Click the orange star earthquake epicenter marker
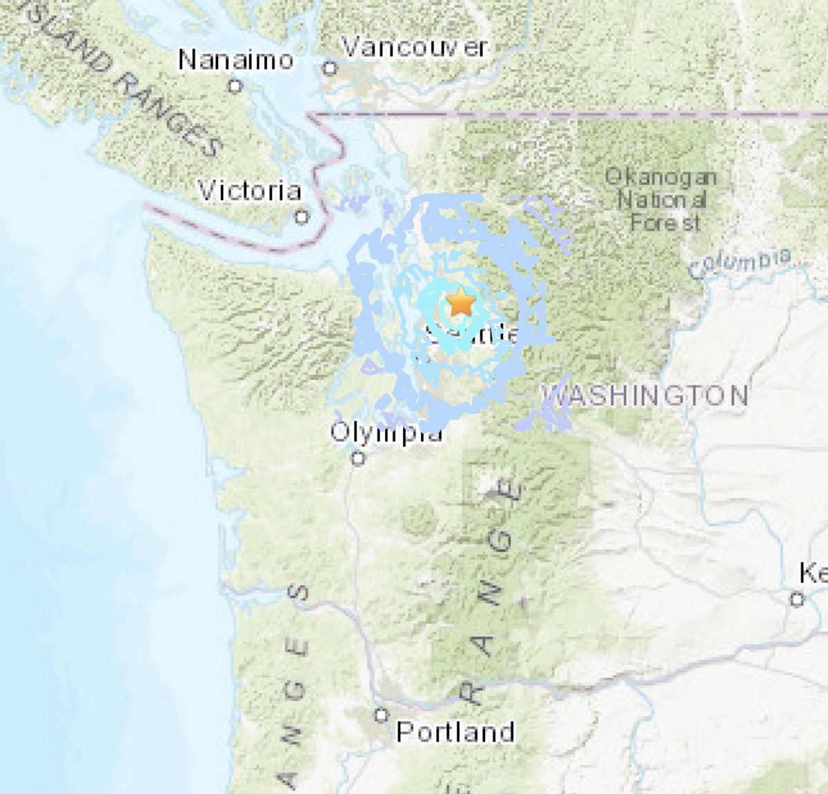coord(460,302)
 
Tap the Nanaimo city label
coord(235,60)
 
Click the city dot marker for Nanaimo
coord(235,86)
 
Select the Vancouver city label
coord(415,48)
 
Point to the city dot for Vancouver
coord(331,68)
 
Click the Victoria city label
coord(249,190)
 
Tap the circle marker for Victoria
coord(302,217)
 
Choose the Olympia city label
coord(386,433)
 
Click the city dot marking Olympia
coord(358,457)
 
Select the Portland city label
coord(455,732)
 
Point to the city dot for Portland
coord(382,715)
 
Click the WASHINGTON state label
coord(645,395)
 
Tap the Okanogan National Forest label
coord(661,200)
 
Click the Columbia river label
coord(740,264)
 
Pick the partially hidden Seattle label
coord(472,335)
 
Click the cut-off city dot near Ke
coord(797,599)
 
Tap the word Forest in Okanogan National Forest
coord(665,223)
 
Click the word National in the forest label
coord(662,201)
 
